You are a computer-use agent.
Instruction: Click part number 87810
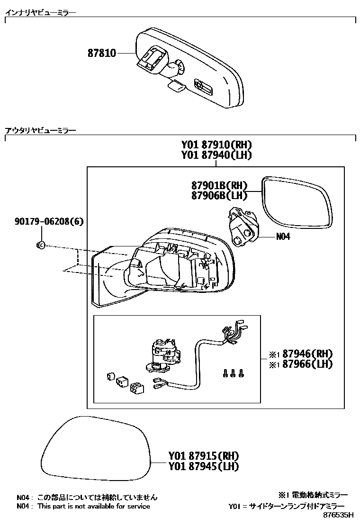[101, 54]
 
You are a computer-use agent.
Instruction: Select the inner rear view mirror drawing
[189, 69]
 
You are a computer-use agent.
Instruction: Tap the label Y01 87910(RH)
[216, 145]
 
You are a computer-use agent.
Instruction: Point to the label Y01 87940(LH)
[216, 155]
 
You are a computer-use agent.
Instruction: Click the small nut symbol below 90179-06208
[40, 245]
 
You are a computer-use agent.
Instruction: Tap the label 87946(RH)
[307, 354]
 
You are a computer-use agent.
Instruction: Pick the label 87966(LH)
[307, 364]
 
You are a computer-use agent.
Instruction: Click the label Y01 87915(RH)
[203, 456]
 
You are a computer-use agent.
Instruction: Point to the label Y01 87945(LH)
[203, 466]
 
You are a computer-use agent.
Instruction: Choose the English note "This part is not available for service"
[94, 506]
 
